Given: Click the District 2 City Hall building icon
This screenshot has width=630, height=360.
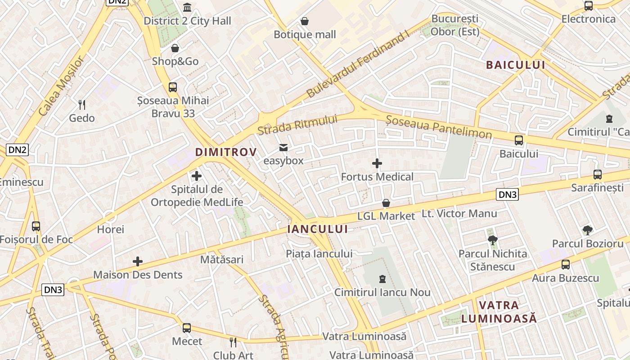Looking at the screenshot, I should click(187, 7).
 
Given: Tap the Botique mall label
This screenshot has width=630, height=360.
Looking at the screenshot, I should click(305, 35).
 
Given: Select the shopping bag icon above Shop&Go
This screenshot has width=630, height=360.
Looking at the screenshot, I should click(175, 48).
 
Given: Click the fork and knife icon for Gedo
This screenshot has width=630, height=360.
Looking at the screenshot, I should click(82, 105).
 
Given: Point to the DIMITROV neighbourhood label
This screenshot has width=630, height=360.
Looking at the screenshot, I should click(225, 152).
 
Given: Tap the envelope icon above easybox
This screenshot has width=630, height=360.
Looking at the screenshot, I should click(283, 148).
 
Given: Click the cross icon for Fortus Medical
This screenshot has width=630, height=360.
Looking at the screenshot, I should click(377, 163).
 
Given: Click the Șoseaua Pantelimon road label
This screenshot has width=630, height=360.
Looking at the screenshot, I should click(439, 127).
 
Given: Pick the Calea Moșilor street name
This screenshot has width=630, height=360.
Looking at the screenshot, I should click(61, 85).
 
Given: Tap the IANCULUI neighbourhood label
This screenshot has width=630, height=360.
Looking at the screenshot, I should click(317, 229).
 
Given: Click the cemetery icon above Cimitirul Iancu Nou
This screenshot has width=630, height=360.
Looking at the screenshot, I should click(382, 279).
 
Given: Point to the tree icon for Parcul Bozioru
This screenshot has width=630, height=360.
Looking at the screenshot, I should click(587, 230).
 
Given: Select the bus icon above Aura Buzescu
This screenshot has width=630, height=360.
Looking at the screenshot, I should click(565, 265).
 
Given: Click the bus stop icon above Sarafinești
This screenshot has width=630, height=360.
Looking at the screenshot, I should click(597, 175).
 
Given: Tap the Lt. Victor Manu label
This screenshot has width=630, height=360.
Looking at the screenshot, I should click(459, 214).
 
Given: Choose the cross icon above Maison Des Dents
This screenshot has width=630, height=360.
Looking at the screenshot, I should click(138, 261).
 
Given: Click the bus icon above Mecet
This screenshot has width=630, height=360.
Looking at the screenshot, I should click(187, 328).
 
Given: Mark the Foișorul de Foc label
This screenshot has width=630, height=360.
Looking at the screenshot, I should click(36, 239).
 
